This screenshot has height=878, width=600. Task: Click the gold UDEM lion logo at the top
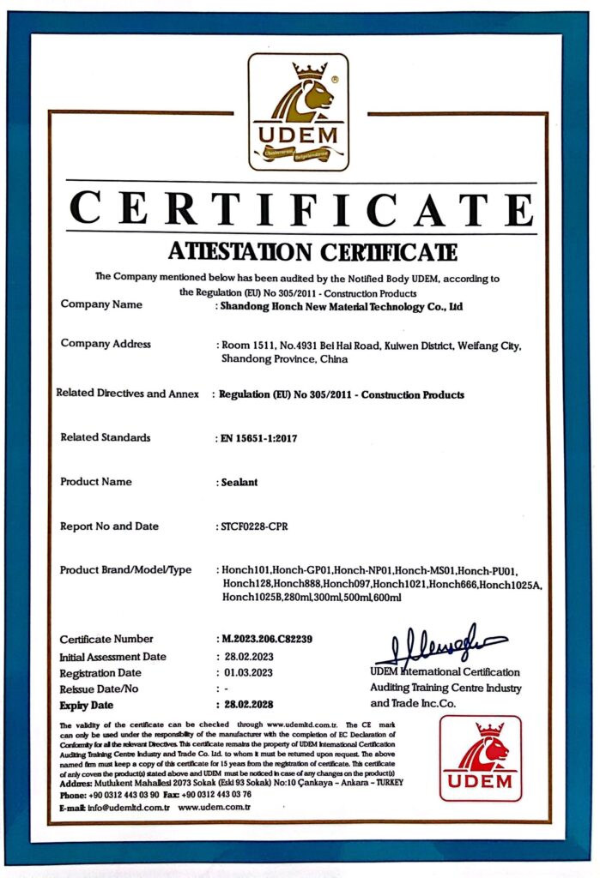[299, 111]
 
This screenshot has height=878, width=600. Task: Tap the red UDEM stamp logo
[481, 759]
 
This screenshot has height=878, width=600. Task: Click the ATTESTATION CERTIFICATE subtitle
[300, 252]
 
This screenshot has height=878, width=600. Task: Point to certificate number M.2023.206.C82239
[266, 640]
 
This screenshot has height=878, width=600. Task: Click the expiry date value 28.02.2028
[249, 705]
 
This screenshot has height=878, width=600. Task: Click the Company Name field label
[101, 304]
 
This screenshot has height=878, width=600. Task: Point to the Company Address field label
[106, 344]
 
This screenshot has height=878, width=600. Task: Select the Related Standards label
[106, 437]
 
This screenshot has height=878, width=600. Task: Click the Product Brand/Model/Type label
[125, 570]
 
